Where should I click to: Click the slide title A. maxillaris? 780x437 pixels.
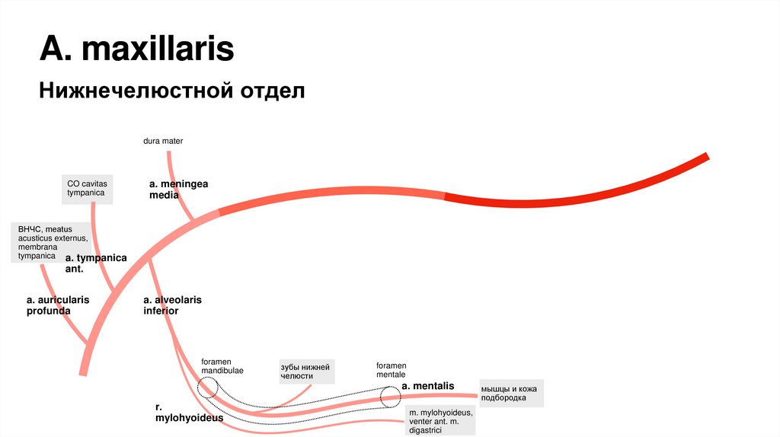[x=137, y=50]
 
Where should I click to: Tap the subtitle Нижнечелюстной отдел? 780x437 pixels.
[x=172, y=91]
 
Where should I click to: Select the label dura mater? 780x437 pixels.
[x=163, y=141]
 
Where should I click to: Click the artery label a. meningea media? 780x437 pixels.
[x=178, y=190]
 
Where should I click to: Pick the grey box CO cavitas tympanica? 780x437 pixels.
[x=88, y=189]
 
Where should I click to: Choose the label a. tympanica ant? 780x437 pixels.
[x=101, y=263]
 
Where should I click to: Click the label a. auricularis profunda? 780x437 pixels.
[x=58, y=305]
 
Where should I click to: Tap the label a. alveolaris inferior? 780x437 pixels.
[x=172, y=305]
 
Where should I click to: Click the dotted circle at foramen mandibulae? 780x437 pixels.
[x=207, y=388]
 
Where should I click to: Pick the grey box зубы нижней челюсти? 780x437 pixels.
[x=305, y=372]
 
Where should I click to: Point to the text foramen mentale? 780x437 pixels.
[x=391, y=370]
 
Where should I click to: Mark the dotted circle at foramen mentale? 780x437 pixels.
[x=391, y=396]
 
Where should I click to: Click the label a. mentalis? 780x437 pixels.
[x=428, y=386]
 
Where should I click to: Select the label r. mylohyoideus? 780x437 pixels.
[x=178, y=413]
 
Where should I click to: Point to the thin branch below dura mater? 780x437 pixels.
[x=172, y=167]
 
